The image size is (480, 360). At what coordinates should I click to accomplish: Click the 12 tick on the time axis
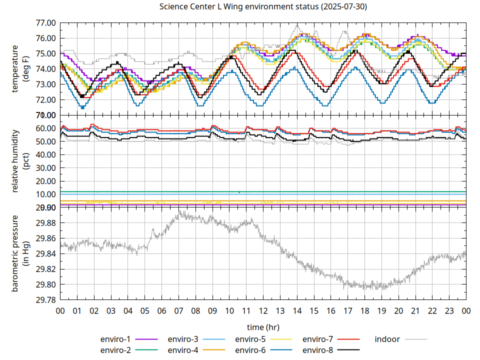coord(263,310)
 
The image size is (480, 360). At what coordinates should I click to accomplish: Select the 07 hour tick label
coord(178,310)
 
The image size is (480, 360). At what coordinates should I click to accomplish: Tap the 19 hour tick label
coord(381,310)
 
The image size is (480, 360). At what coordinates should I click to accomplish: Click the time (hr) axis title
coord(263,327)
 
